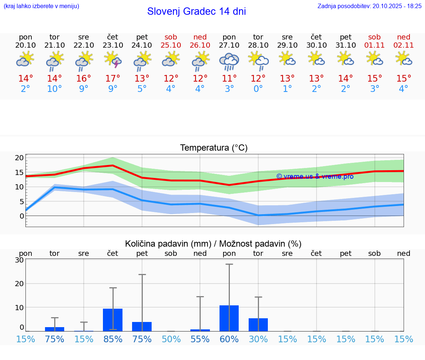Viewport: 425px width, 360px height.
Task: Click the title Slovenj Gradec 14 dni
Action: tap(196, 11)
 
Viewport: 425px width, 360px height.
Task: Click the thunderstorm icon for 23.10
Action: tap(113, 60)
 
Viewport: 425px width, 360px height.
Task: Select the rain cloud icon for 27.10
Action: tap(229, 61)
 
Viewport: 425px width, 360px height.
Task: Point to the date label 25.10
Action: tap(171, 45)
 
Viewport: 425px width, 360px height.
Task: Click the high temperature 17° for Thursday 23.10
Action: tap(113, 78)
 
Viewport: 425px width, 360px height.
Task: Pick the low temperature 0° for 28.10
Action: tap(258, 89)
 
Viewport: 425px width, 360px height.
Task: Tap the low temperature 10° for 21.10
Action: tap(55, 89)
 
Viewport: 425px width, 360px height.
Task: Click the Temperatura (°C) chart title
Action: tap(214, 148)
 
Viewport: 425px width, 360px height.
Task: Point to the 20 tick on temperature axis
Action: tap(19, 158)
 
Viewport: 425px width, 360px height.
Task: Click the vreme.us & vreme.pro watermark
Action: tap(315, 176)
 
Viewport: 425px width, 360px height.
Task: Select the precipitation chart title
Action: tap(213, 244)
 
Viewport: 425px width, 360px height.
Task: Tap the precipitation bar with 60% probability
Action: tap(229, 318)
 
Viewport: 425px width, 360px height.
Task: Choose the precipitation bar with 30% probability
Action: tap(258, 325)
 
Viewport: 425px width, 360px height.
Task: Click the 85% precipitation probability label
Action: tap(113, 339)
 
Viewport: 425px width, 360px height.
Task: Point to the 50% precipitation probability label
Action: tap(171, 339)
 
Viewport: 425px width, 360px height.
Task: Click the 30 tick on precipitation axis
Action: tap(19, 260)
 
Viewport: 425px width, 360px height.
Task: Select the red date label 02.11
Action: tap(404, 45)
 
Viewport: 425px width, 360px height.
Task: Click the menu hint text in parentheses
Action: tap(41, 6)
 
